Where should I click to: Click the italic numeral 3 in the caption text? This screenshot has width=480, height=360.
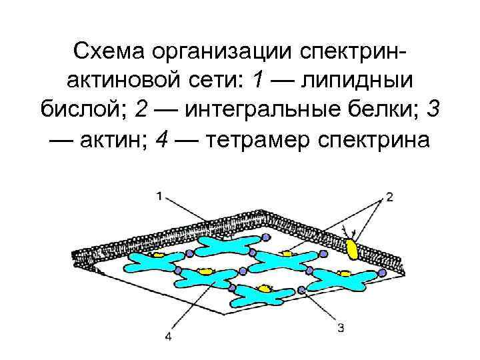point(433,110)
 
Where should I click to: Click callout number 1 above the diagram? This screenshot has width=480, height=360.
point(159,195)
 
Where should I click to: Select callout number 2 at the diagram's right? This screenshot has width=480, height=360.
point(389,196)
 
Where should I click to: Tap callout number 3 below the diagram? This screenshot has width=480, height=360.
point(341,327)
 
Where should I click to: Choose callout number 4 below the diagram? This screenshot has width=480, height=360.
point(168,337)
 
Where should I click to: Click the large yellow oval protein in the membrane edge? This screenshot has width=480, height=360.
point(351,249)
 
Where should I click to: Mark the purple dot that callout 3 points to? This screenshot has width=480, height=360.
point(302,289)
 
